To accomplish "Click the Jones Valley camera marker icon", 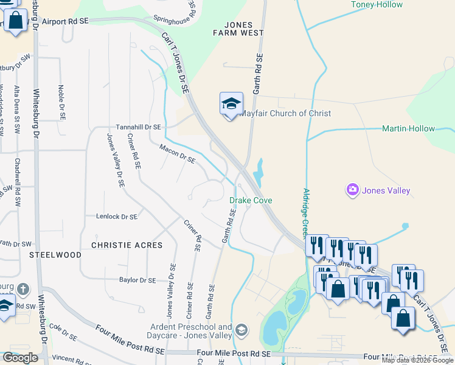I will click(x=353, y=190).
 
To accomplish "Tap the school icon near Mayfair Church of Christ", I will click(x=231, y=105).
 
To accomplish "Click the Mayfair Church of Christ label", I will click(x=286, y=113).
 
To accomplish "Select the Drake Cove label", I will click(x=251, y=200).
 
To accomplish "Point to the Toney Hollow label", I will click(x=377, y=5).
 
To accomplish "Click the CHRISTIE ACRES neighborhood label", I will click(x=127, y=245).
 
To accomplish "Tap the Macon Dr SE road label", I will click(x=177, y=154).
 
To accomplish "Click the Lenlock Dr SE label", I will click(x=116, y=216).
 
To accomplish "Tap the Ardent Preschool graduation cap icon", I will click(x=241, y=330).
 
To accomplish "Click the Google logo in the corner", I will click(x=20, y=358).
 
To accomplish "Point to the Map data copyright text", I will click(x=417, y=360).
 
